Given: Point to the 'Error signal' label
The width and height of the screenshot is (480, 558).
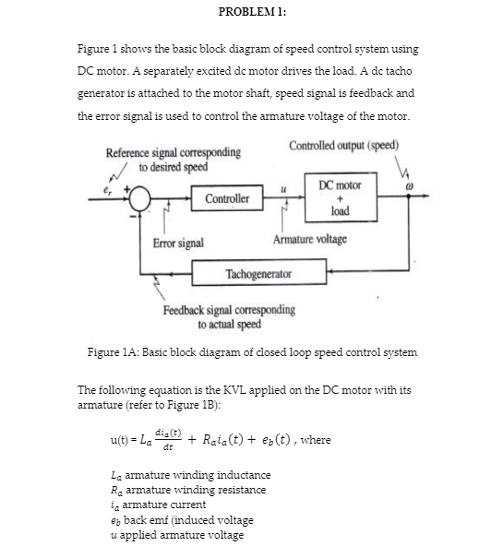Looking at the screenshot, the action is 178,243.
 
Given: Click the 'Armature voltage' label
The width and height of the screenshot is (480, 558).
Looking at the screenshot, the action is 310,239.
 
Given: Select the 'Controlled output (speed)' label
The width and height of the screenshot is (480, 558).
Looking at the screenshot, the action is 343,145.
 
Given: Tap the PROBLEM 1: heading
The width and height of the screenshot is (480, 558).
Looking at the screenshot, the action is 252,12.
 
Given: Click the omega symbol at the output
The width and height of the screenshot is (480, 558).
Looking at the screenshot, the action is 410,185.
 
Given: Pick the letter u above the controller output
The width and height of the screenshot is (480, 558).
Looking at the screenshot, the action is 283,190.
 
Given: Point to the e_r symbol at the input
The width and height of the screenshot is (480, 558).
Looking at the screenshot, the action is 107,192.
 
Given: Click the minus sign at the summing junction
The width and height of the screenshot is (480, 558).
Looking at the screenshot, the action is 133,216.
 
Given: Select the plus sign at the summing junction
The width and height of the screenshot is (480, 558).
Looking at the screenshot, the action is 126,188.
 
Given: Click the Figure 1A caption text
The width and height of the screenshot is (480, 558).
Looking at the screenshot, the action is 252,352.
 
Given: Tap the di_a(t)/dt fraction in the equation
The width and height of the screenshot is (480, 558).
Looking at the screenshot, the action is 168,440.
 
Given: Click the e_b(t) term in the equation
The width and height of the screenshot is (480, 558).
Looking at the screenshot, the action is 276,440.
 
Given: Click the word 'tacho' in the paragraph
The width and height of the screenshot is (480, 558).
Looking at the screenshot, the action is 399,71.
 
